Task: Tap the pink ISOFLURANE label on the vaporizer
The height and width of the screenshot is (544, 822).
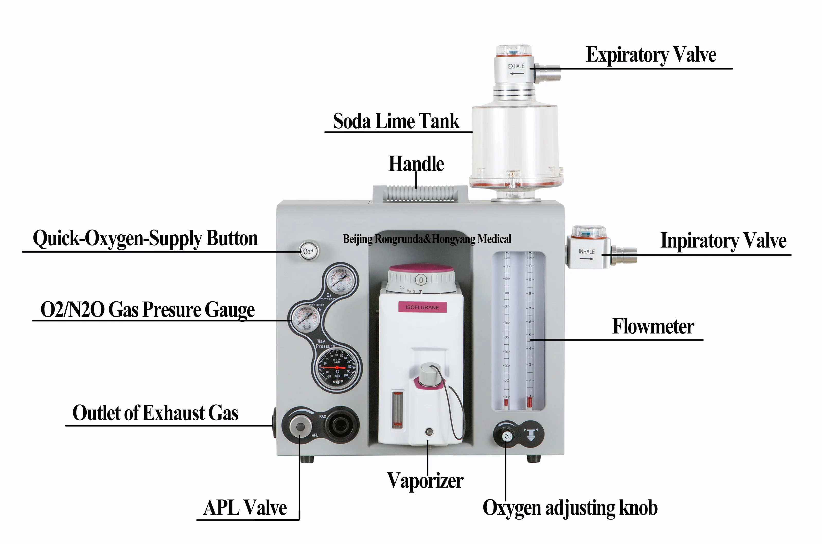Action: [x=422, y=307]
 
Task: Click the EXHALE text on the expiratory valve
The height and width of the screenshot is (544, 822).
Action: [x=516, y=66]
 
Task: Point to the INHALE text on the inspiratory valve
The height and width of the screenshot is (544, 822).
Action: [x=586, y=252]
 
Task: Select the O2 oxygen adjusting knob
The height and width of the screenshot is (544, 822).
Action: [x=507, y=436]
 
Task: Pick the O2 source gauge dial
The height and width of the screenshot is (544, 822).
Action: [x=341, y=280]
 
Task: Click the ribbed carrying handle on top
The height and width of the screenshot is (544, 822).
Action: [x=420, y=193]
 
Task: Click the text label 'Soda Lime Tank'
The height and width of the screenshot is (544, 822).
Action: [x=396, y=121]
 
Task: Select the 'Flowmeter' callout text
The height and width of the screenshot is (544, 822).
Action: [x=653, y=327]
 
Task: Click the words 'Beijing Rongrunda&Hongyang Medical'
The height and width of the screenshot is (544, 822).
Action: [x=427, y=239]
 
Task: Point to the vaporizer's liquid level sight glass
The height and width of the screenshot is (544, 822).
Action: [x=397, y=409]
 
